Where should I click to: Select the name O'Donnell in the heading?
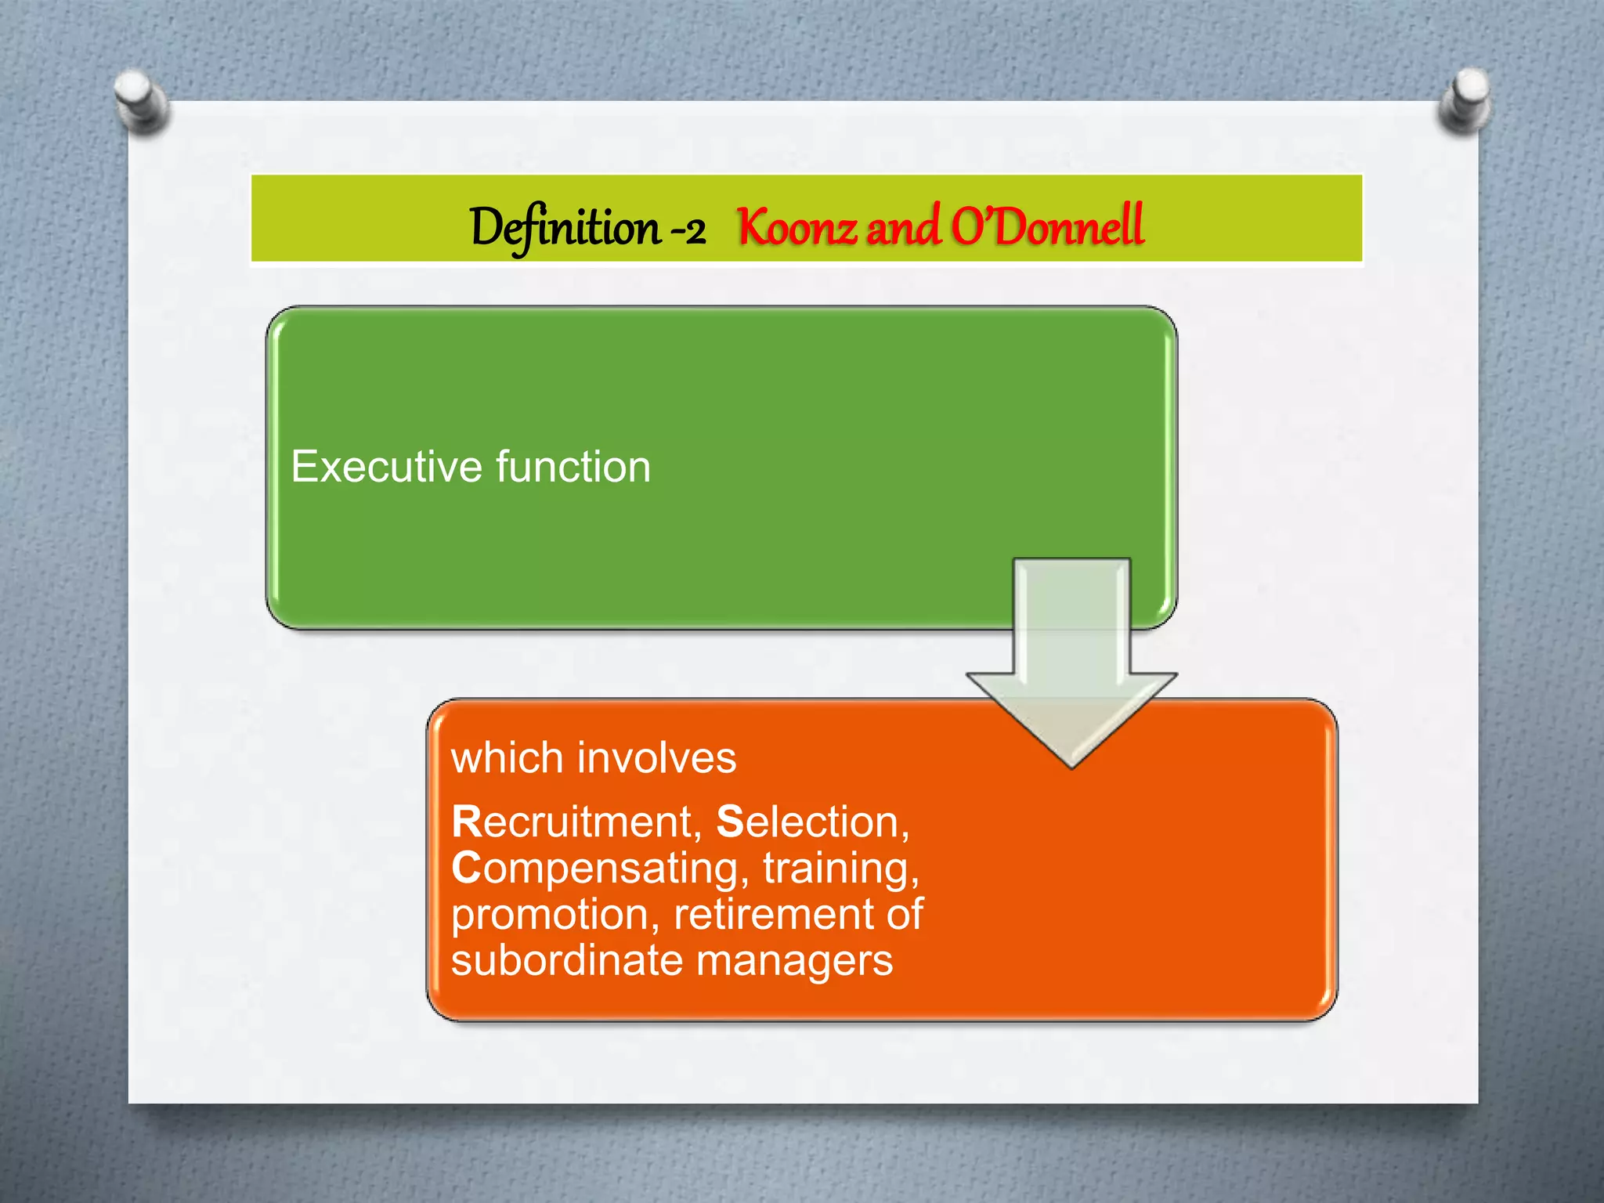tap(1047, 226)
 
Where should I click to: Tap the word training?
tap(840, 869)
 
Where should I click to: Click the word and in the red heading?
tap(902, 228)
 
